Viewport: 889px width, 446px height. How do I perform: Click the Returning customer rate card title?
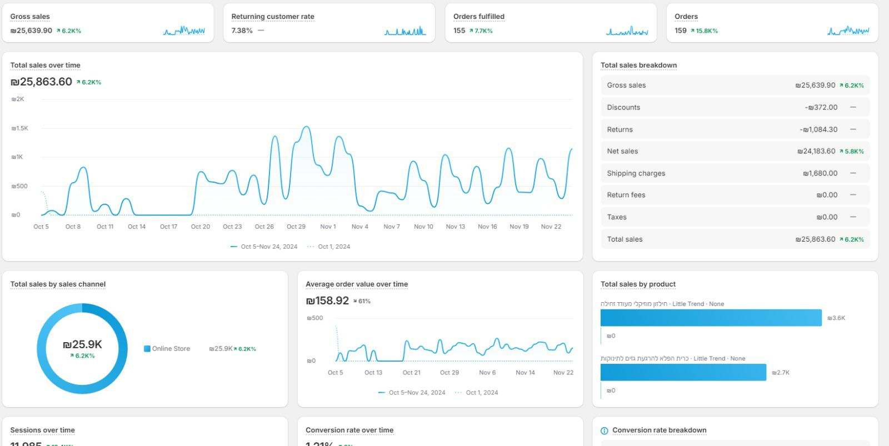[272, 17]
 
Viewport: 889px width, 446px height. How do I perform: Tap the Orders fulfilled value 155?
[459, 31]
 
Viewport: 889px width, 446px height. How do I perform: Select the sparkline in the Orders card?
[848, 31]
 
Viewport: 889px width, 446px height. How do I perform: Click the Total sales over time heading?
[45, 65]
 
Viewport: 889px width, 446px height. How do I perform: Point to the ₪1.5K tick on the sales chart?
[19, 128]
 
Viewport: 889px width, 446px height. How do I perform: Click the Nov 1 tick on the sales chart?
[328, 227]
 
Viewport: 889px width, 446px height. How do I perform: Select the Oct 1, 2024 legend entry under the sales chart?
[333, 247]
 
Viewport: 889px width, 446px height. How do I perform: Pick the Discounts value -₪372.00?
[821, 107]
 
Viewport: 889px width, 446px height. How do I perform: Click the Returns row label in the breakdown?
[620, 129]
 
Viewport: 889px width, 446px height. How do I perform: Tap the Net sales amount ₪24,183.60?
[816, 151]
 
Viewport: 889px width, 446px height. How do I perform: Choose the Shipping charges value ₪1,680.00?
[820, 173]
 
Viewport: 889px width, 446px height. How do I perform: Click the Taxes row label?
[616, 217]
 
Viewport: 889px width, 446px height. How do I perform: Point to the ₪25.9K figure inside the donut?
[82, 345]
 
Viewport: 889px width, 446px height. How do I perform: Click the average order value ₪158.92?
[327, 301]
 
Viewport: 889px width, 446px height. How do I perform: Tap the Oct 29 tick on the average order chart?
[449, 373]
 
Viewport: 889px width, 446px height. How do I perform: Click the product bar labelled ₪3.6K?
[711, 318]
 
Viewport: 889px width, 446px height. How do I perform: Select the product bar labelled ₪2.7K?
[683, 372]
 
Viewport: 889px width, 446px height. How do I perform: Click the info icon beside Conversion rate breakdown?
[605, 430]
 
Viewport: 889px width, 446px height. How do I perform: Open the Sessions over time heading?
[42, 430]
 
